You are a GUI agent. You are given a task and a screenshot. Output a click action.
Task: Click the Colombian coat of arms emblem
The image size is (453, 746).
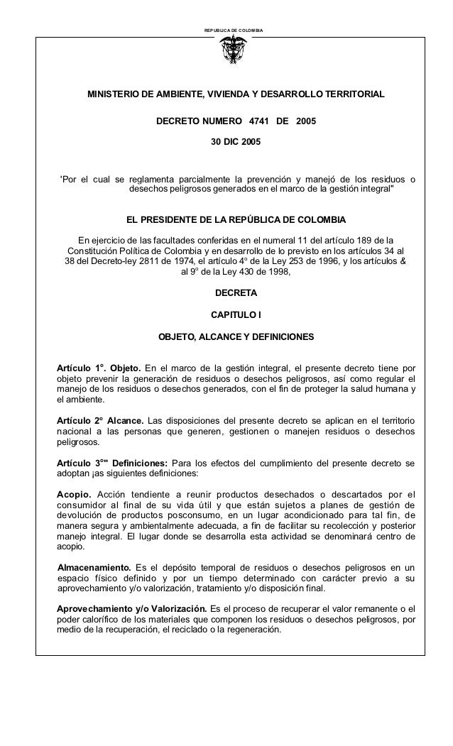234,52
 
